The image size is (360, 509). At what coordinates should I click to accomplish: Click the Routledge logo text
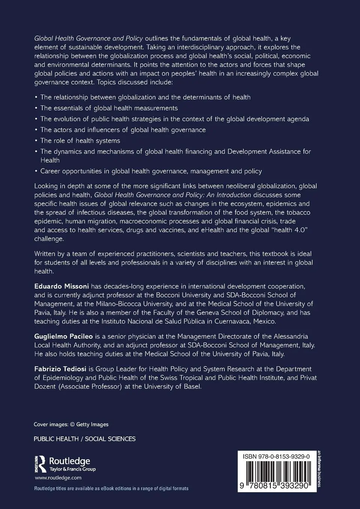click(70, 461)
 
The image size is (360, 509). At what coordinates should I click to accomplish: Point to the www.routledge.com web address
click(58, 478)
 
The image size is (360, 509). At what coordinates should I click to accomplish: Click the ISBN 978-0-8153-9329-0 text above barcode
click(276, 457)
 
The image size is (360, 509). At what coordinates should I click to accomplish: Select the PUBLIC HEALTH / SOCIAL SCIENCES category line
click(85, 439)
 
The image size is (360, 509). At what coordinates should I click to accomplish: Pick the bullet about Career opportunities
click(151, 171)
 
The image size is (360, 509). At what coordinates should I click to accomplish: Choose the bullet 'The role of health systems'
click(80, 141)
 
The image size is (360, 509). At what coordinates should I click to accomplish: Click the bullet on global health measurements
click(109, 108)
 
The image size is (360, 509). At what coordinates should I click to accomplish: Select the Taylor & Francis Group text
click(73, 469)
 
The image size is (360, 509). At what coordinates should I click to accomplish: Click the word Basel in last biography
click(193, 387)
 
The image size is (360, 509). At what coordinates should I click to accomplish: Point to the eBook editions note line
click(111, 488)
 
